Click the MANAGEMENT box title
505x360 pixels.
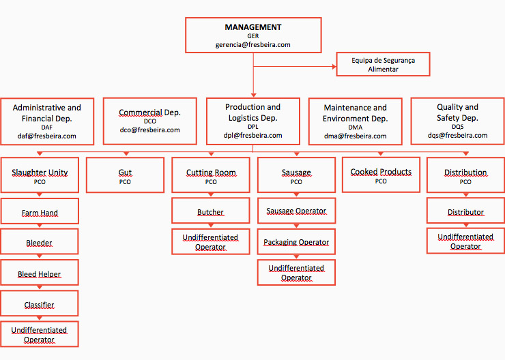pos(253,27)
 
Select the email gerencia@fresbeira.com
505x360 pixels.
pos(253,44)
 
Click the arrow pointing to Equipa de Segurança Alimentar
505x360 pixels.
pos(333,66)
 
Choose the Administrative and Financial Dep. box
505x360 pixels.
pos(46,121)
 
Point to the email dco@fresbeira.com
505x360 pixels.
pos(150,130)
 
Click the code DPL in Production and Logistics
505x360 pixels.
pos(253,127)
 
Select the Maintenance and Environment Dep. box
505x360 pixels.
pos(355,121)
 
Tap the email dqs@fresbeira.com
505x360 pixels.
pos(457,135)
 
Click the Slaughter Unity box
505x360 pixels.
pos(40,176)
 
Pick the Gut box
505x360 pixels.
pos(125,176)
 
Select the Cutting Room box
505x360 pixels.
pos(211,176)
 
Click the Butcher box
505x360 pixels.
pos(211,211)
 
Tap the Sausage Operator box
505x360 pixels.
pos(296,211)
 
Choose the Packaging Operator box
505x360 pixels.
pos(296,242)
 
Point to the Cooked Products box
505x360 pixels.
pos(381,175)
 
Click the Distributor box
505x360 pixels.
pos(465,211)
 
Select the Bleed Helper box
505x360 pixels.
pos(40,273)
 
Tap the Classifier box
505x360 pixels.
pos(40,304)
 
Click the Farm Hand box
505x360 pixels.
pos(40,212)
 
